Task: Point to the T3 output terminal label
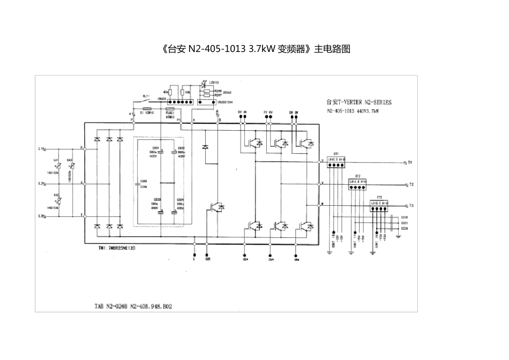(x=411, y=206)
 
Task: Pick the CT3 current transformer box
(x=379, y=203)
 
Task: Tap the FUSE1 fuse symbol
(x=169, y=108)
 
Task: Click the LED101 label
(x=213, y=82)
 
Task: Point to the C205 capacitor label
(x=143, y=181)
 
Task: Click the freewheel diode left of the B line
(x=205, y=146)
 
